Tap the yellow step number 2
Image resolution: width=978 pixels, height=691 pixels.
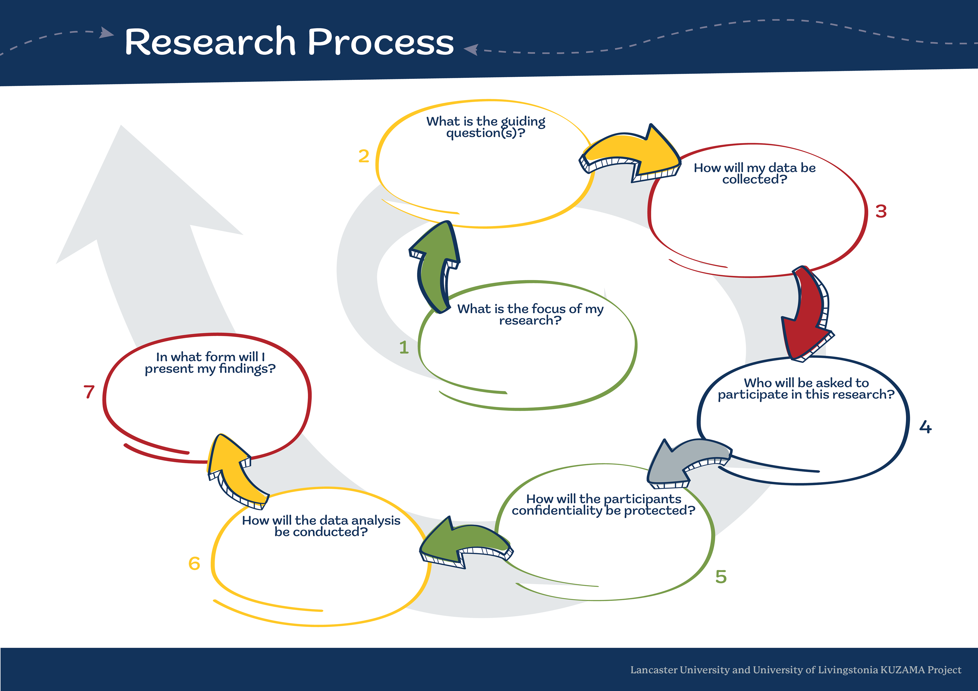[x=363, y=156]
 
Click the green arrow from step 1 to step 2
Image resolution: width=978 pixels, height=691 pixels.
[x=434, y=264]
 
